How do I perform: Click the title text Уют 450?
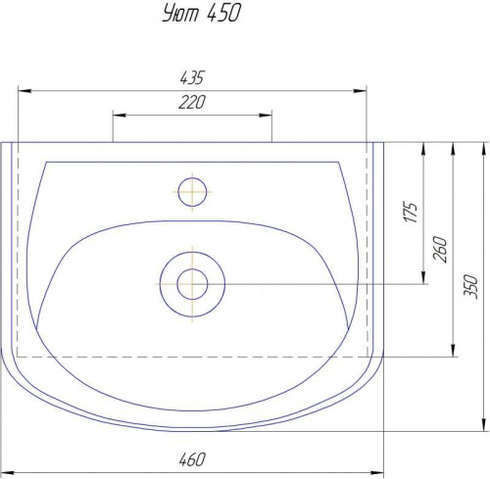pos(201,14)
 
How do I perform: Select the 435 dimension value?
pos(192,77)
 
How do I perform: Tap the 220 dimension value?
pos(192,102)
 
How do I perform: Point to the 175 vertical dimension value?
pos(411,213)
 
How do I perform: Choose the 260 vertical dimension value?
pos(440,249)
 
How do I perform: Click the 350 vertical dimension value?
pos(470,287)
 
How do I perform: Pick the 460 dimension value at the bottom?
pos(192,459)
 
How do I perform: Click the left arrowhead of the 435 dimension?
pos(24,90)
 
